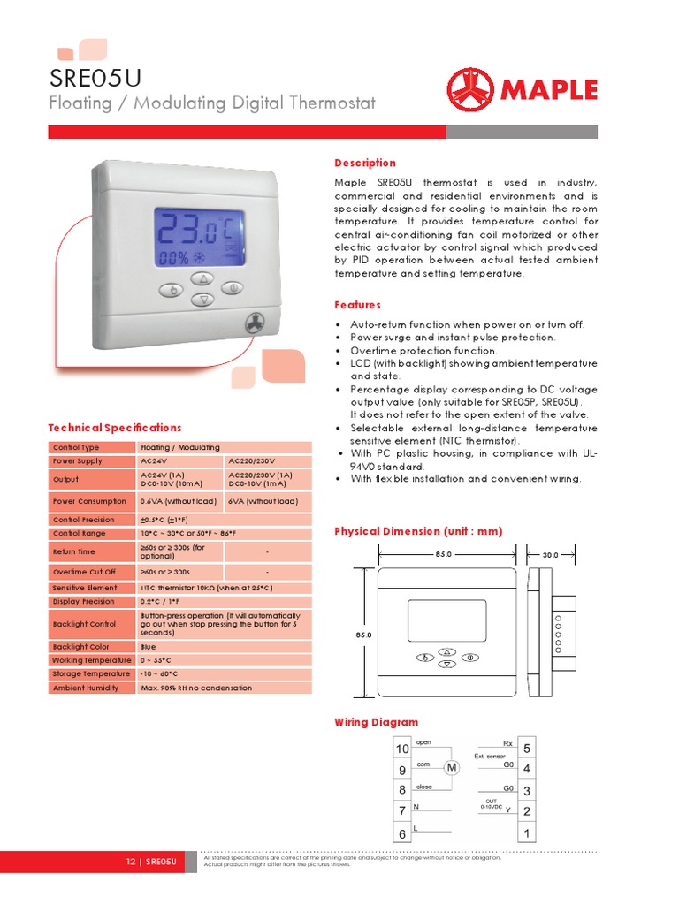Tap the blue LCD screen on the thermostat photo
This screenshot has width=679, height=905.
coord(199,239)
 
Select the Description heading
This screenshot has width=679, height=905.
coord(364,163)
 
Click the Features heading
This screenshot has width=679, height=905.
coord(357,305)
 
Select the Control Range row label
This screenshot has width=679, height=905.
coord(80,534)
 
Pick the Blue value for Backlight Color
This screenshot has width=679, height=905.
coord(149,647)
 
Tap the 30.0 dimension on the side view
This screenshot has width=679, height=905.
coord(550,555)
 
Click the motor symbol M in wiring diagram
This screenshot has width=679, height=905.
coord(452,768)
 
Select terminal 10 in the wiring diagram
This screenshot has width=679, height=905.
coord(402,749)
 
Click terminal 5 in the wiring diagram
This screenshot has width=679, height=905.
coord(526,749)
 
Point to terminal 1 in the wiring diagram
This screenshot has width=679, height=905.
coord(526,833)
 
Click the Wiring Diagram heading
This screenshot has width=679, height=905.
coord(376,722)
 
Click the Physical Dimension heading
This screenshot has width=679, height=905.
coord(417,531)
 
